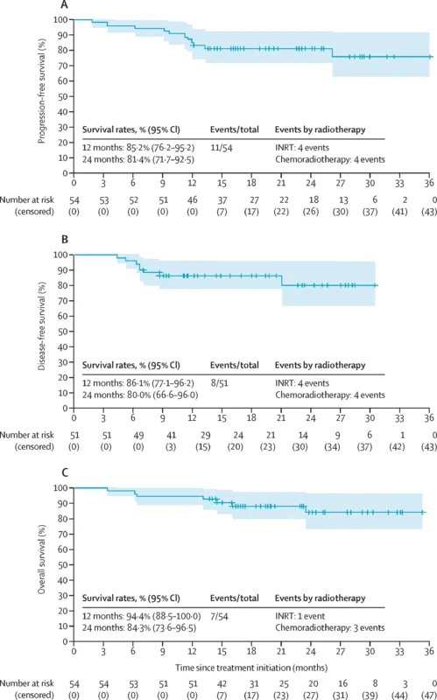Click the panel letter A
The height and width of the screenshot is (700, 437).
pyautogui.click(x=65, y=5)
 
